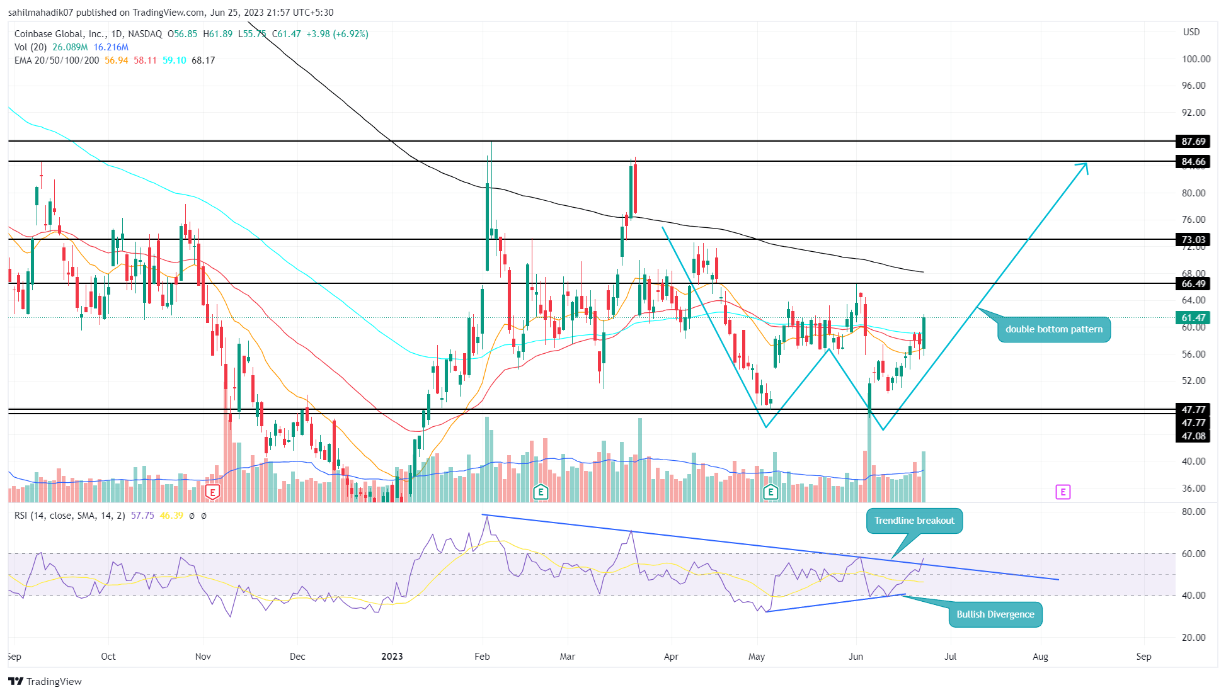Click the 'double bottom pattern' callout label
point(1053,329)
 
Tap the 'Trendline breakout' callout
point(914,521)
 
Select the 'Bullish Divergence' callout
point(995,614)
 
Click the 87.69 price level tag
point(1193,142)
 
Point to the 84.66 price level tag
point(1193,162)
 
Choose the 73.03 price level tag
point(1193,240)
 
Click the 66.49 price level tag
point(1193,284)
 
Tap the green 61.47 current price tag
point(1193,318)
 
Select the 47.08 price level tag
point(1193,436)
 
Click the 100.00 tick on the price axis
point(1195,59)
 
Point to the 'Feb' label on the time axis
point(482,657)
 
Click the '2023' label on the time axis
point(392,657)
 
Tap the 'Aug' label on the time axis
point(1040,657)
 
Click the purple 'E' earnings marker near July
point(1062,492)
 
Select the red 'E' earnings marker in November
point(213,492)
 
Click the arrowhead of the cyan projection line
point(1085,165)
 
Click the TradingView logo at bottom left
point(45,681)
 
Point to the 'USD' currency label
point(1191,32)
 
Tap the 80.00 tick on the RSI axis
point(1193,512)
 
